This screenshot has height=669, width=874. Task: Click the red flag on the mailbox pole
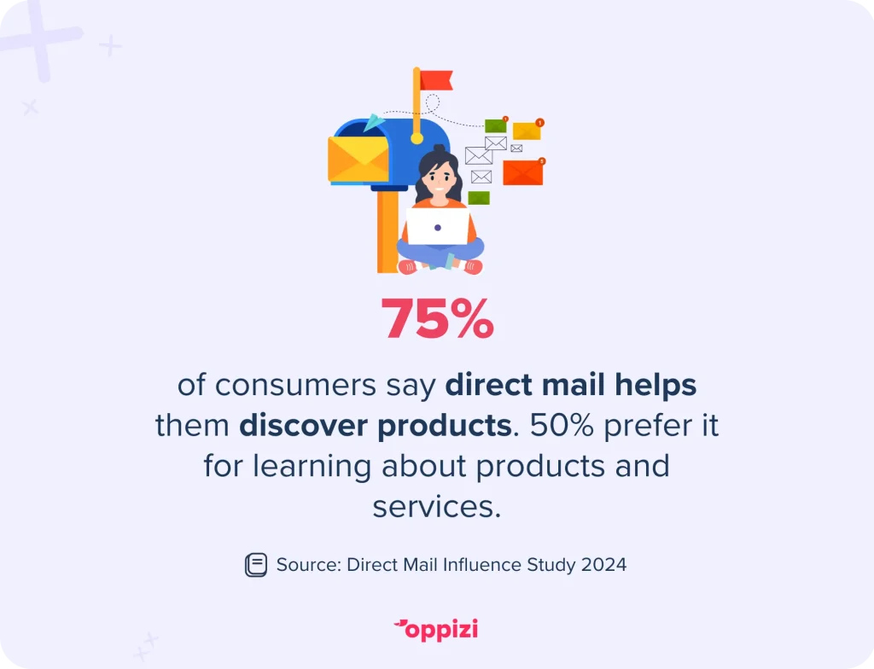[x=436, y=79]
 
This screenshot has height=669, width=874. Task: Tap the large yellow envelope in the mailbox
[x=358, y=160]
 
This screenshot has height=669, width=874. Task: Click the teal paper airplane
[x=374, y=123]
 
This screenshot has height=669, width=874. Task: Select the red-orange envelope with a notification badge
[x=523, y=172]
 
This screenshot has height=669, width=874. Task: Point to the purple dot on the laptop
[x=438, y=228]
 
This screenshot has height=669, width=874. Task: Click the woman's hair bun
[x=440, y=149]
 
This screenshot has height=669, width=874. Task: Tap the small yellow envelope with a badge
[x=527, y=130]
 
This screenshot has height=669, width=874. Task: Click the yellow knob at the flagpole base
[x=417, y=138]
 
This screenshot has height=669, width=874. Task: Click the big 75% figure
[x=438, y=318]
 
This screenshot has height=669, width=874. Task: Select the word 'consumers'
[x=295, y=385]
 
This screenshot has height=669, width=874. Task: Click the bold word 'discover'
[x=303, y=426]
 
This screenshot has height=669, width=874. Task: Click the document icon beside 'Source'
[x=256, y=565]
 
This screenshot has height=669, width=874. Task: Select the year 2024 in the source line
[x=603, y=565]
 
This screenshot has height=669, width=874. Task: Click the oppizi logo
[x=436, y=630]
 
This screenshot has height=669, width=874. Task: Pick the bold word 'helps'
[x=655, y=386]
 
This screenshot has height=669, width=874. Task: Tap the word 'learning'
[x=312, y=467]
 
